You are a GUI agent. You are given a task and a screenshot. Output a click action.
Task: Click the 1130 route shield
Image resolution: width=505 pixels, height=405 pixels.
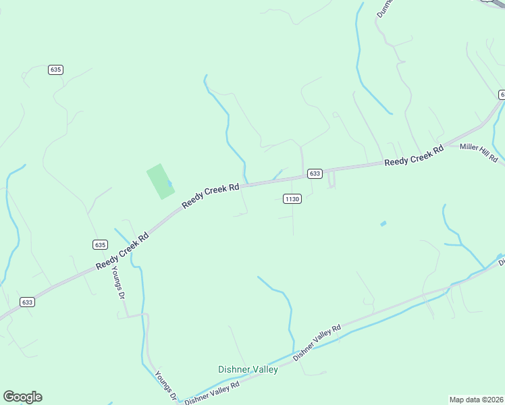292,198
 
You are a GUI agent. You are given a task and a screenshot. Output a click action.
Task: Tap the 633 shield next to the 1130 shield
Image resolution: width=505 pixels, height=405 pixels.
315,173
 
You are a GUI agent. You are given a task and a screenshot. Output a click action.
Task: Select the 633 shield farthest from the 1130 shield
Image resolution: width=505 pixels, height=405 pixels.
27,302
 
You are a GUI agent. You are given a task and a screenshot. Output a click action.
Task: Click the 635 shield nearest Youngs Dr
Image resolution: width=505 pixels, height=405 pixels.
100,244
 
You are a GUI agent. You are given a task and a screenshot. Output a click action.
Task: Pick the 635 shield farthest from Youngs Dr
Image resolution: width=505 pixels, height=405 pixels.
55,70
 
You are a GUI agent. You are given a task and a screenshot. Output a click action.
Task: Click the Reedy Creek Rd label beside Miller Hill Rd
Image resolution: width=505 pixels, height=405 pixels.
414,155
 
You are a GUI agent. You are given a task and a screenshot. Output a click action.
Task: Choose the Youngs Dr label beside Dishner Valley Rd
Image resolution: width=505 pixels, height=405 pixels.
165,385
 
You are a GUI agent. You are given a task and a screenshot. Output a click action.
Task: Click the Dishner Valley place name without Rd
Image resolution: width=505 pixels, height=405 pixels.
248,369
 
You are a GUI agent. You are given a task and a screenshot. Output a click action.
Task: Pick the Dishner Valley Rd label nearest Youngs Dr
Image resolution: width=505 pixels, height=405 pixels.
212,392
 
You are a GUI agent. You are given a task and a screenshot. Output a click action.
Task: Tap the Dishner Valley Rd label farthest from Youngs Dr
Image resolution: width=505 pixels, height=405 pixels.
317,342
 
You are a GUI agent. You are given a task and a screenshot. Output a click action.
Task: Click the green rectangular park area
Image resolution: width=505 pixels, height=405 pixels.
160,181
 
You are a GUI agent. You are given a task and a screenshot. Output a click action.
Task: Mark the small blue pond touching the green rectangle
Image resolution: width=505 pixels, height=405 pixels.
169,183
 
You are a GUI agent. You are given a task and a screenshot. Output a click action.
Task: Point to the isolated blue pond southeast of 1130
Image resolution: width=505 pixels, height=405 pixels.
383,223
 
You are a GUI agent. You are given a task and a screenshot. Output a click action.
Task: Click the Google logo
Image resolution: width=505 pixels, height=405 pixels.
22,397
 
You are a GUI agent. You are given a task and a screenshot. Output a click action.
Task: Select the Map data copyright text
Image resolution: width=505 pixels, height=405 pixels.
476,400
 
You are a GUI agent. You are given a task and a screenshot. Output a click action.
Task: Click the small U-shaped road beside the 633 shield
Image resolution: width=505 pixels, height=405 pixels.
331,180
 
